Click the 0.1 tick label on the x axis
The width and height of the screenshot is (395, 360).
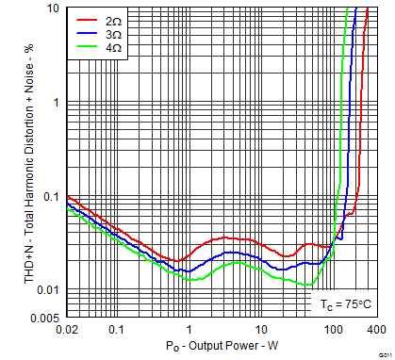point(116,330)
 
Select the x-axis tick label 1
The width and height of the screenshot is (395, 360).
point(189,330)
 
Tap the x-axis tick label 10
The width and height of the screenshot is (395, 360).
point(261,330)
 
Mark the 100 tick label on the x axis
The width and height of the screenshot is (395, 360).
point(334,330)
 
